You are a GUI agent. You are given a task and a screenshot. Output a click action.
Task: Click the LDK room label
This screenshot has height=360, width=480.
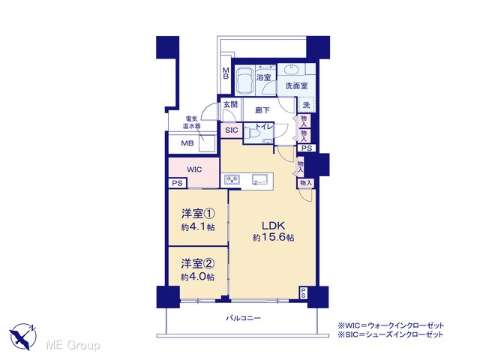click(273, 226)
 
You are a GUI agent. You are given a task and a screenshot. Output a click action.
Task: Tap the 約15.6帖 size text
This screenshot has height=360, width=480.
click(273, 237)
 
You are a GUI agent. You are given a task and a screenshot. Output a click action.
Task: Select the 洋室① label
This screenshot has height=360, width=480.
click(198, 213)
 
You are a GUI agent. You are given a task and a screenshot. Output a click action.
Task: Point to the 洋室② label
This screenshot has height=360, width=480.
click(198, 263)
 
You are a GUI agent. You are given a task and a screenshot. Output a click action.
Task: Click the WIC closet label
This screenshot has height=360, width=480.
click(194, 169)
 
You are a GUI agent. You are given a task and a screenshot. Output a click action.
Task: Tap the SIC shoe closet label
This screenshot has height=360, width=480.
click(232, 130)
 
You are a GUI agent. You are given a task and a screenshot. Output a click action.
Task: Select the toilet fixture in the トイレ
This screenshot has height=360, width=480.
click(252, 133)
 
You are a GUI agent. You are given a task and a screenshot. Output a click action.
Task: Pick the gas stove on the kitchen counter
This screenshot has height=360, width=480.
click(232, 179)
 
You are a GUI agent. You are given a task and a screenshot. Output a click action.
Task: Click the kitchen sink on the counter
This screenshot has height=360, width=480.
click(260, 179)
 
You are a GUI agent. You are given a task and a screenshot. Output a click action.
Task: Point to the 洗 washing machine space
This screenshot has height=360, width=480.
click(307, 105)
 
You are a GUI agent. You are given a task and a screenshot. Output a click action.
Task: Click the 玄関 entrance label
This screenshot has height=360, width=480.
click(230, 104)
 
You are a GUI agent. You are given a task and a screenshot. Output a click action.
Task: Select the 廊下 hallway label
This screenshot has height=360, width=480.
click(262, 110)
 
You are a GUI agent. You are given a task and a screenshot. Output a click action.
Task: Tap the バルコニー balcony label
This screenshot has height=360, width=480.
click(243, 318)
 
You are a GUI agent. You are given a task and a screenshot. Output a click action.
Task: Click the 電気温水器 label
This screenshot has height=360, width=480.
click(192, 121)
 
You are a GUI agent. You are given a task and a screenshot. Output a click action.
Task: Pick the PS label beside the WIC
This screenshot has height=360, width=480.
click(177, 183)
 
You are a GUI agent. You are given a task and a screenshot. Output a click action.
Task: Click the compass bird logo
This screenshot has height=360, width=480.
click(23, 336)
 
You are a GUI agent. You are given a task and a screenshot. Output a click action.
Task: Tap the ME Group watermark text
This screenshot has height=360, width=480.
click(73, 345)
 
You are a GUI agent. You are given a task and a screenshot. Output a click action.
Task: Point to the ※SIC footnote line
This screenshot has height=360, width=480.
click(390, 334)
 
